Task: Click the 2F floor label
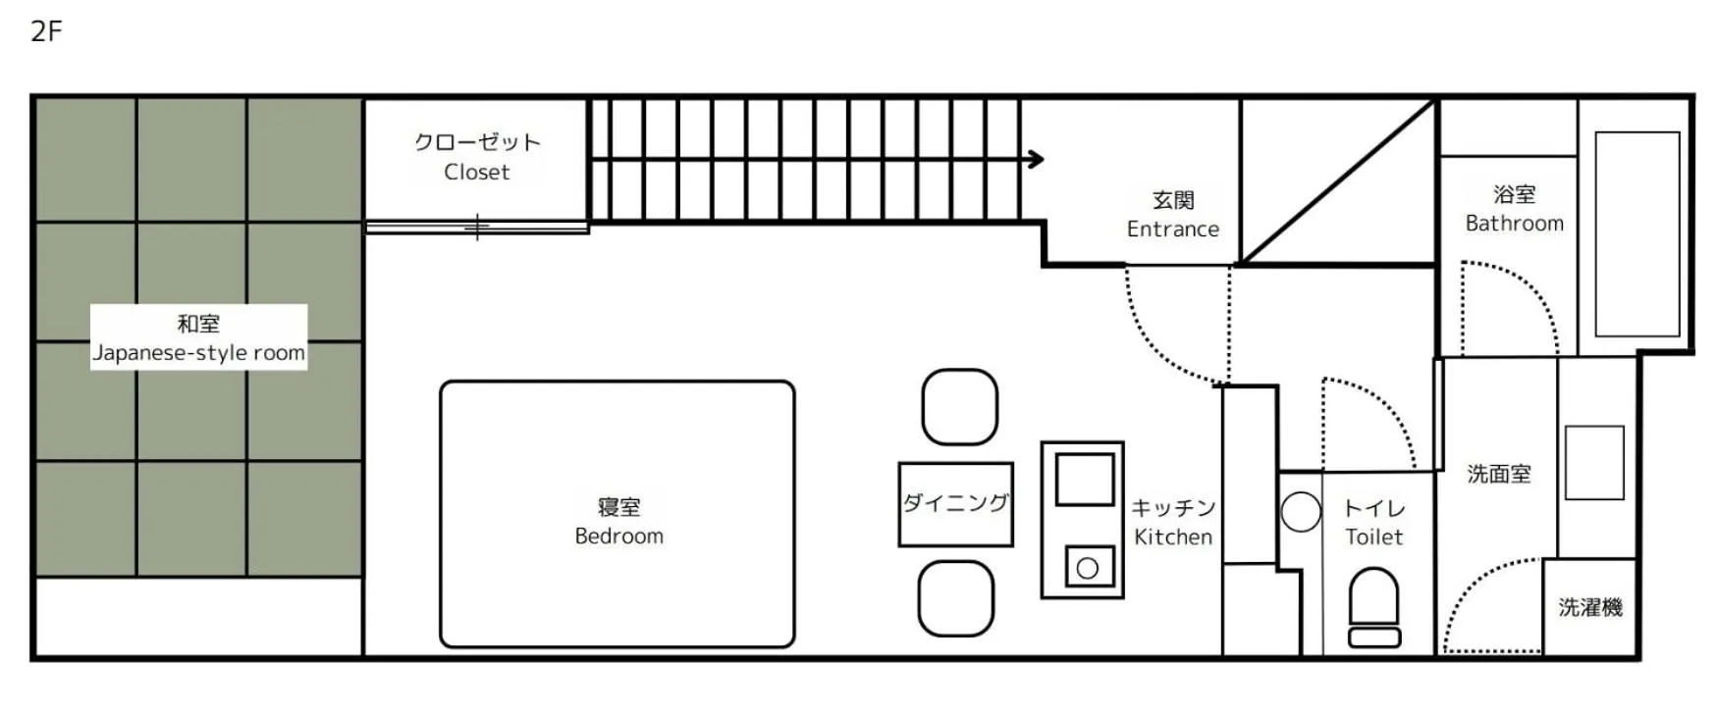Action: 46,31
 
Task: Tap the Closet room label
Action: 477,157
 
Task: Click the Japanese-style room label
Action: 198,338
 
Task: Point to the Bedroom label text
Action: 618,522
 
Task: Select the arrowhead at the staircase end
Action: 1036,159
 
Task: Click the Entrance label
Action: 1173,215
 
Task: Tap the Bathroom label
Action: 1514,209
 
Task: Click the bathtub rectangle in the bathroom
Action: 1636,234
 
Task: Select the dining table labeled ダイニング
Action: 955,504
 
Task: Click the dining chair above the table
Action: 960,407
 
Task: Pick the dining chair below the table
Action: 956,598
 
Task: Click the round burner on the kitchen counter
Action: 1088,568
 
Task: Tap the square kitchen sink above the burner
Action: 1085,480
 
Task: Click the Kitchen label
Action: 1173,523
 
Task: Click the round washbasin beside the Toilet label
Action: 1301,512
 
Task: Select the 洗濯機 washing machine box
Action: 1589,607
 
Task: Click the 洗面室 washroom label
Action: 1499,475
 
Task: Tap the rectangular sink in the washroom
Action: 1594,463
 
